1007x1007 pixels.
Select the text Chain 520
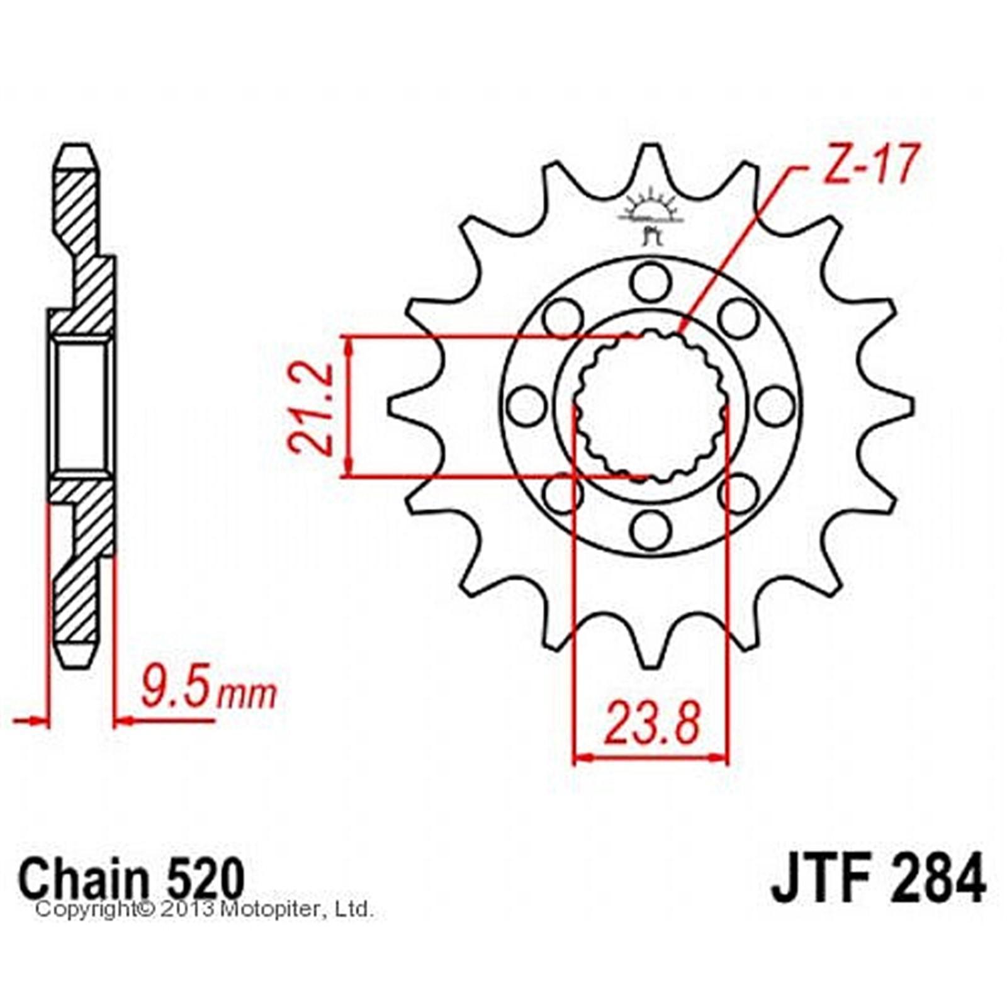point(132,878)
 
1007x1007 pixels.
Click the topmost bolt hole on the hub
point(651,282)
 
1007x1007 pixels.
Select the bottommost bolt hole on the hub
point(651,530)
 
